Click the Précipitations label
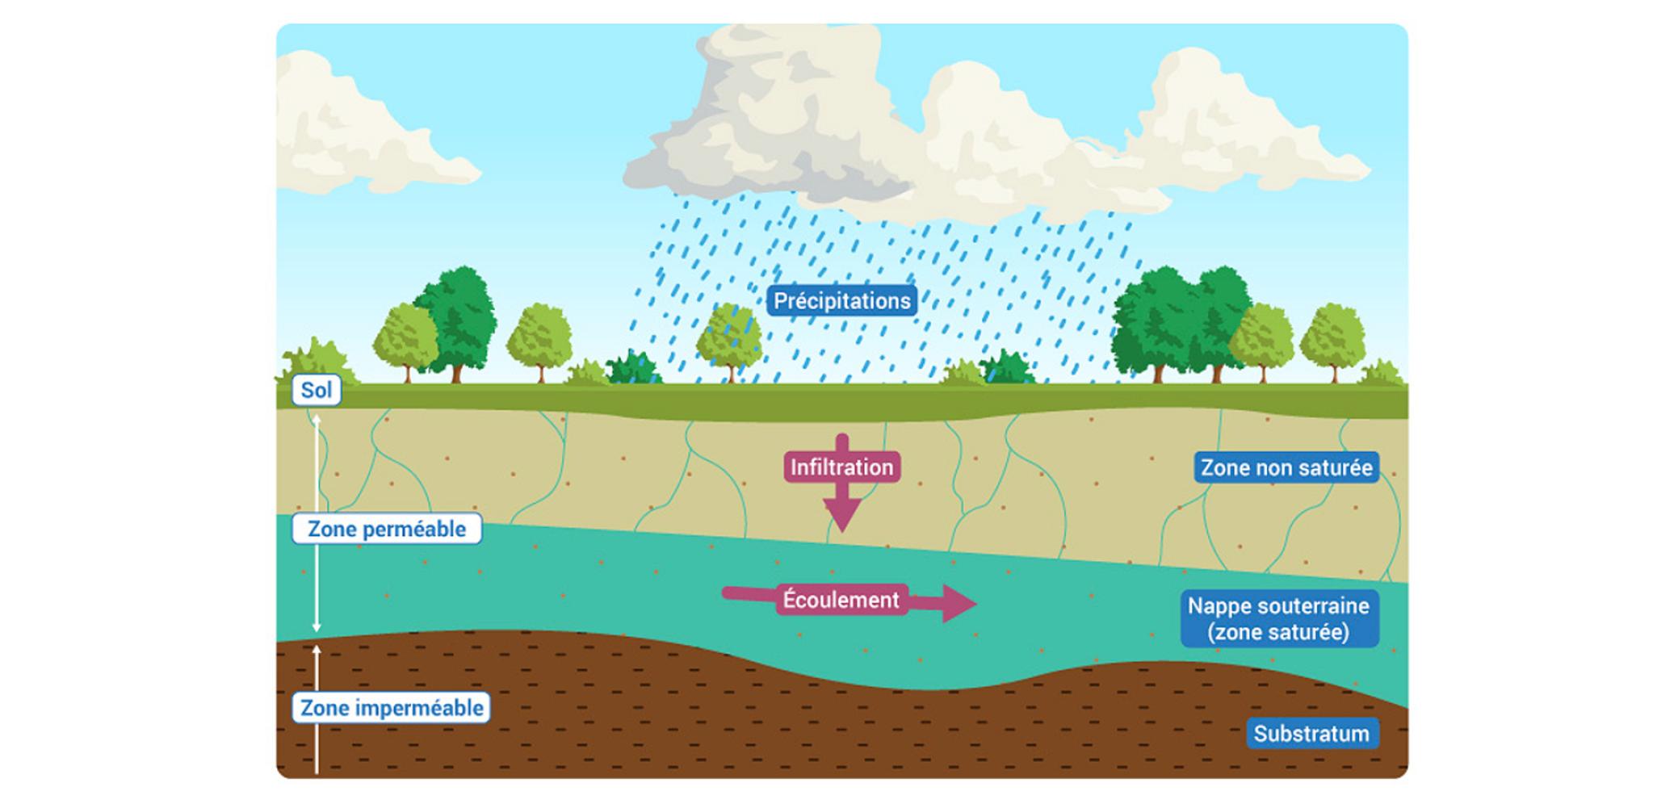coord(841,301)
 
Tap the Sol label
coord(316,391)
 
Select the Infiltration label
coord(841,467)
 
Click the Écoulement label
coord(841,600)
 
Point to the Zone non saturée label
coord(1286,468)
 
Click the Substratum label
coord(1311,734)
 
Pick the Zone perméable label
coord(387,530)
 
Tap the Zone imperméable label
coord(392,708)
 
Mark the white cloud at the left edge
coord(355,129)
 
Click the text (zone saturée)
coord(1278,632)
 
